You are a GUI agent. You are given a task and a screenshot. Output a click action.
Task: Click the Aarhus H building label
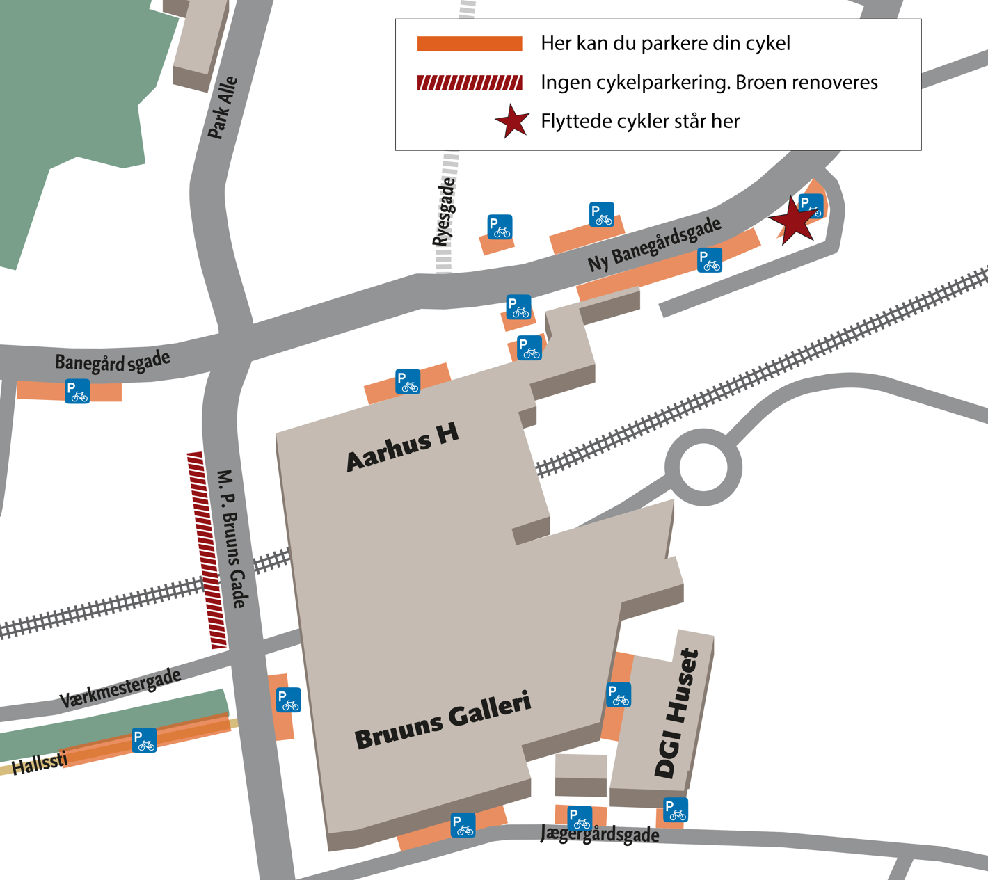[403, 447]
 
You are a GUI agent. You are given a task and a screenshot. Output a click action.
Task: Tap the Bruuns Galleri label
[443, 721]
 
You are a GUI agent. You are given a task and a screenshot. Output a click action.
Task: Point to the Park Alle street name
[223, 107]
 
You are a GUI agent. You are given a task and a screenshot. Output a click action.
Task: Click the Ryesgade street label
[444, 211]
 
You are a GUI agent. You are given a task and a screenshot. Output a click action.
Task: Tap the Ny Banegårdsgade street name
[655, 243]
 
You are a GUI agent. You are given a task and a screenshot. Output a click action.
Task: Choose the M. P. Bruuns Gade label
[232, 538]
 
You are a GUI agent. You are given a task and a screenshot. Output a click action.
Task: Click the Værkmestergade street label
[120, 688]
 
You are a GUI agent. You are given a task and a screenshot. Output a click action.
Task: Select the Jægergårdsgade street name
[600, 834]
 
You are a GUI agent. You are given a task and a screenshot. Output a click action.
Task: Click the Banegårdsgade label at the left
[113, 362]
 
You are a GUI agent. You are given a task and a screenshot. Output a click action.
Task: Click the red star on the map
[793, 221]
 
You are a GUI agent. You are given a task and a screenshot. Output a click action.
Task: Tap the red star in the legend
[513, 121]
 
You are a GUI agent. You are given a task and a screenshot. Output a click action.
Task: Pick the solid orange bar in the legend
[470, 44]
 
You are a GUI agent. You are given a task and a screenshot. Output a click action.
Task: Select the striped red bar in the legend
[470, 83]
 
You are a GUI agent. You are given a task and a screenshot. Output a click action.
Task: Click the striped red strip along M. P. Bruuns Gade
[207, 550]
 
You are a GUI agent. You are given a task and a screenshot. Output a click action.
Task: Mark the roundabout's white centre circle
[703, 467]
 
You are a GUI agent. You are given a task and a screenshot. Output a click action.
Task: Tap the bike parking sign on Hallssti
[144, 740]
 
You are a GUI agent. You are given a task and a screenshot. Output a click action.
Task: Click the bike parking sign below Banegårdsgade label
[77, 391]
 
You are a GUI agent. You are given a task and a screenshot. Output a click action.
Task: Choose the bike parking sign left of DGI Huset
[619, 695]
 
